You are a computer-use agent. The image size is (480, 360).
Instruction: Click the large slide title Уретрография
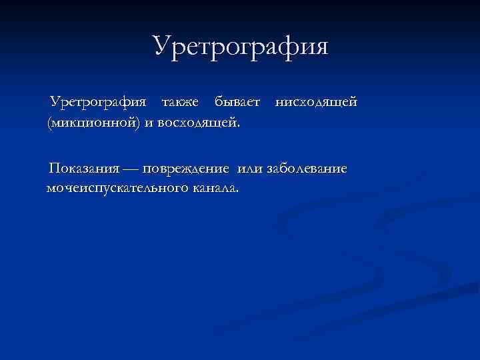[241, 47]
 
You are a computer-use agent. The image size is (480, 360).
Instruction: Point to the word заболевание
[307, 168]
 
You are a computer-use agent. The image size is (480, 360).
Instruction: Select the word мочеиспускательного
[117, 189]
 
